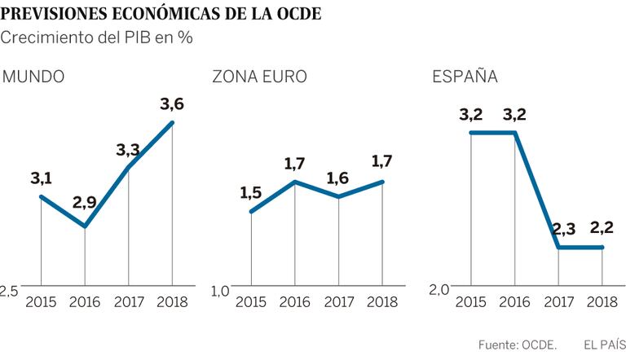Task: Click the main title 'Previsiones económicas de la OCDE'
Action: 162,14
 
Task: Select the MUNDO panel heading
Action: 34,78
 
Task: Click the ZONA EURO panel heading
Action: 259,78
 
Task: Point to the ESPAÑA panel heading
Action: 465,78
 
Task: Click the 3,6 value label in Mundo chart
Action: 172,104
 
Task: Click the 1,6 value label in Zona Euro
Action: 338,178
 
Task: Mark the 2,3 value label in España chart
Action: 558,229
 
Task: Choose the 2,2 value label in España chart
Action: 602,229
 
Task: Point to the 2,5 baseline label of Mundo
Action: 9,292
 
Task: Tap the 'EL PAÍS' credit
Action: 603,345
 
